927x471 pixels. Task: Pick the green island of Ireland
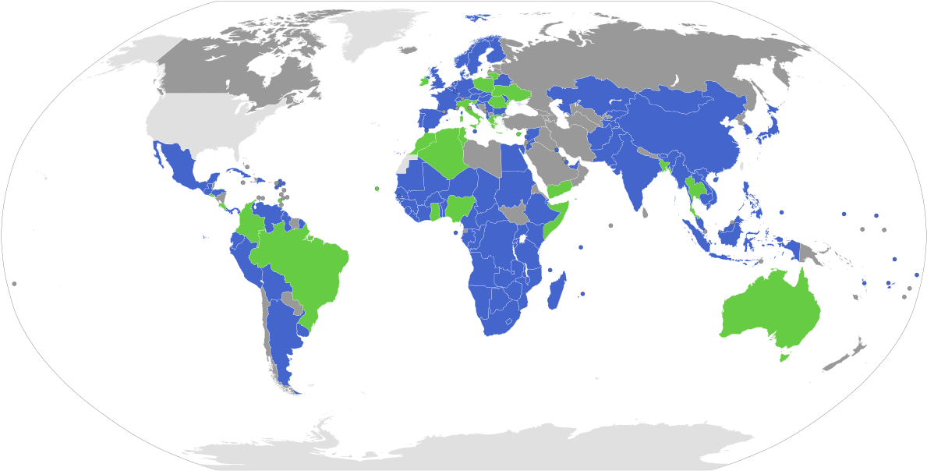pos(424,80)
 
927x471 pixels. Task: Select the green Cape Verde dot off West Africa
pos(377,188)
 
